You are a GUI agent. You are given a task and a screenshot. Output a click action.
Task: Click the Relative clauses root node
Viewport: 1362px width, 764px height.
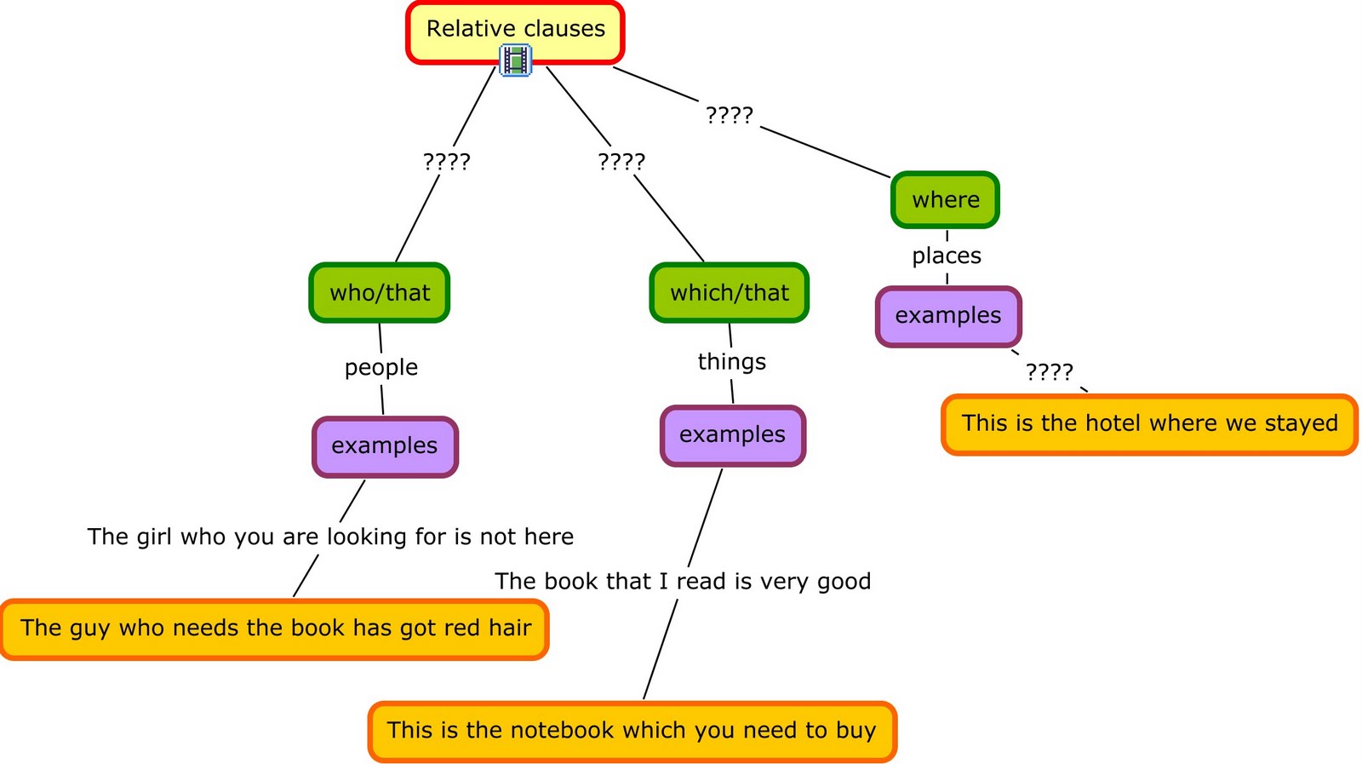point(515,30)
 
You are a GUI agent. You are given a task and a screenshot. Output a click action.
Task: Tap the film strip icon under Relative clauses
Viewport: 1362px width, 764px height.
point(515,61)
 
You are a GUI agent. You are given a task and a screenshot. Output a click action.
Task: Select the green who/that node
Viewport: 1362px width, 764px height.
point(380,293)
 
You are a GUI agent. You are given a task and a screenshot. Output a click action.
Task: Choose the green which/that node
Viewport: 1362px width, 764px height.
point(730,293)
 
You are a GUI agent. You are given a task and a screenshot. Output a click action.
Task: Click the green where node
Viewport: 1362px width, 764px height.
point(945,200)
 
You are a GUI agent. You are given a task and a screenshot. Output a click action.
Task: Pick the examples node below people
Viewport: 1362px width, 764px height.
point(385,446)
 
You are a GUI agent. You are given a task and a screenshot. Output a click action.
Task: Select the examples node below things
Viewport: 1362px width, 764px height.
point(732,435)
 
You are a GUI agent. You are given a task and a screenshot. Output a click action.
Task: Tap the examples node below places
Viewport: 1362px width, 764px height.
point(948,316)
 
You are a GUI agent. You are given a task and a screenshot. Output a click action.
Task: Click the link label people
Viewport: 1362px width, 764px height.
point(381,367)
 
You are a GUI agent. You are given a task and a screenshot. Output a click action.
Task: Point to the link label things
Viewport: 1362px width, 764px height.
point(731,362)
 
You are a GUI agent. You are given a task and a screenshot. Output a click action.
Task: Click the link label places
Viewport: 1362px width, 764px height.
point(947,256)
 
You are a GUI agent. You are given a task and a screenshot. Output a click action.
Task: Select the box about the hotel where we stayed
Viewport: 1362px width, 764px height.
point(1149,424)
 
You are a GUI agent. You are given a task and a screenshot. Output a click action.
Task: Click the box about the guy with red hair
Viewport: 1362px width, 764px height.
point(275,629)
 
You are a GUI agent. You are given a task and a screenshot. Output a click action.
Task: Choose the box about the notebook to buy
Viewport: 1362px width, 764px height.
point(632,731)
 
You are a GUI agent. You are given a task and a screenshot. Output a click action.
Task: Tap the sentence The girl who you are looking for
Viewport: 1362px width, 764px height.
point(330,537)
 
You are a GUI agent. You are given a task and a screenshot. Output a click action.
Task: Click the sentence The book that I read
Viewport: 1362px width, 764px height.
point(683,582)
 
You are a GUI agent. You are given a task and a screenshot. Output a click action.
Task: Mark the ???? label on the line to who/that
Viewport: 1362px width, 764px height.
point(447,161)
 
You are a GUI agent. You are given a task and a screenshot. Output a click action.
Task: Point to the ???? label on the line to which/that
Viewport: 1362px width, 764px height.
point(621,161)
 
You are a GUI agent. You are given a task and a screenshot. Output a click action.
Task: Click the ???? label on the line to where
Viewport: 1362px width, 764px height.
point(730,114)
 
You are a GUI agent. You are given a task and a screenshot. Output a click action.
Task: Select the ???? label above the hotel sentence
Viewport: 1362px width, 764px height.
point(1049,371)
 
